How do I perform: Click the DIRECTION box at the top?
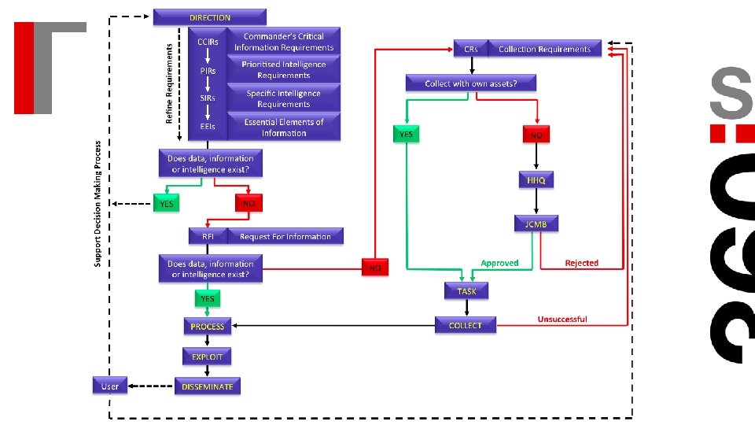coord(210,17)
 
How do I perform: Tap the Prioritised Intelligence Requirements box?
coord(284,70)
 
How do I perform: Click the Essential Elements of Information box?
coord(284,128)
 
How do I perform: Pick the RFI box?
coord(208,236)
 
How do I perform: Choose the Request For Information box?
coord(285,236)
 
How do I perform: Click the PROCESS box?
coord(208,326)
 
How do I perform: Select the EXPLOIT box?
coord(208,357)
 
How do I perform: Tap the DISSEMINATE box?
coord(208,386)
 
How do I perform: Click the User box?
coord(110,386)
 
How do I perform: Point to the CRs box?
coord(470,49)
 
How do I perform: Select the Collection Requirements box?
coord(544,49)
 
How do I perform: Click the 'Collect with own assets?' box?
coord(470,83)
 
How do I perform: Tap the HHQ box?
coord(536,180)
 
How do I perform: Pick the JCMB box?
coord(536,224)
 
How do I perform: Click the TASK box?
coord(466,291)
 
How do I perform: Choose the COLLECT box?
coord(466,325)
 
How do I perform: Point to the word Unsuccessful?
coord(562,319)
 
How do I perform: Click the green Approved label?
coord(499,263)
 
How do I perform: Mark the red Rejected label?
coord(582,263)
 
